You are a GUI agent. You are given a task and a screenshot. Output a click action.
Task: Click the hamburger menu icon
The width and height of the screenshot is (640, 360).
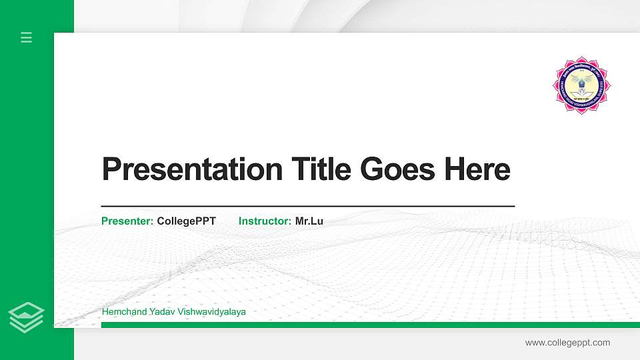click(x=27, y=37)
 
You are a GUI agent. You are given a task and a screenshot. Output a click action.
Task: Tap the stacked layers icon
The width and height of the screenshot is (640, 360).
click(x=27, y=317)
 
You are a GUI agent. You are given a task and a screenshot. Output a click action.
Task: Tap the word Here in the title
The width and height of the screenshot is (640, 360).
click(x=477, y=169)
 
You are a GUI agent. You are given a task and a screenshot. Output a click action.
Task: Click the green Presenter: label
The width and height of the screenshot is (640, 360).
click(x=127, y=221)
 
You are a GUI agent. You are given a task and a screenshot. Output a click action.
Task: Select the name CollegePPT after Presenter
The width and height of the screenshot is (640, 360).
click(x=187, y=221)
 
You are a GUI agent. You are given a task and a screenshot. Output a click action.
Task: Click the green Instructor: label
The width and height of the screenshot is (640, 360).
click(x=265, y=221)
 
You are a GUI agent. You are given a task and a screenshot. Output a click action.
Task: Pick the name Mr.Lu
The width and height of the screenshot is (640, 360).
click(x=309, y=221)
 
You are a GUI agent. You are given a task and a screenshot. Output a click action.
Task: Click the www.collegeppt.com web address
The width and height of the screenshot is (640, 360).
click(x=567, y=343)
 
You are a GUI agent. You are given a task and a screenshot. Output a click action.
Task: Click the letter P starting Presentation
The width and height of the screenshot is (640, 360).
click(x=111, y=169)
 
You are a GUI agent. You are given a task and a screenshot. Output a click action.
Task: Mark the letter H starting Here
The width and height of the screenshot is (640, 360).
click(x=455, y=169)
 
